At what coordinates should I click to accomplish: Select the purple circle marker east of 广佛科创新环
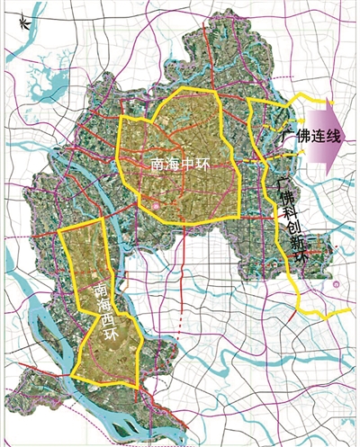pyautogui.click(x=335, y=284)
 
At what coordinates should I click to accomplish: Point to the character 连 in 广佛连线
pyautogui.click(x=312, y=137)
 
